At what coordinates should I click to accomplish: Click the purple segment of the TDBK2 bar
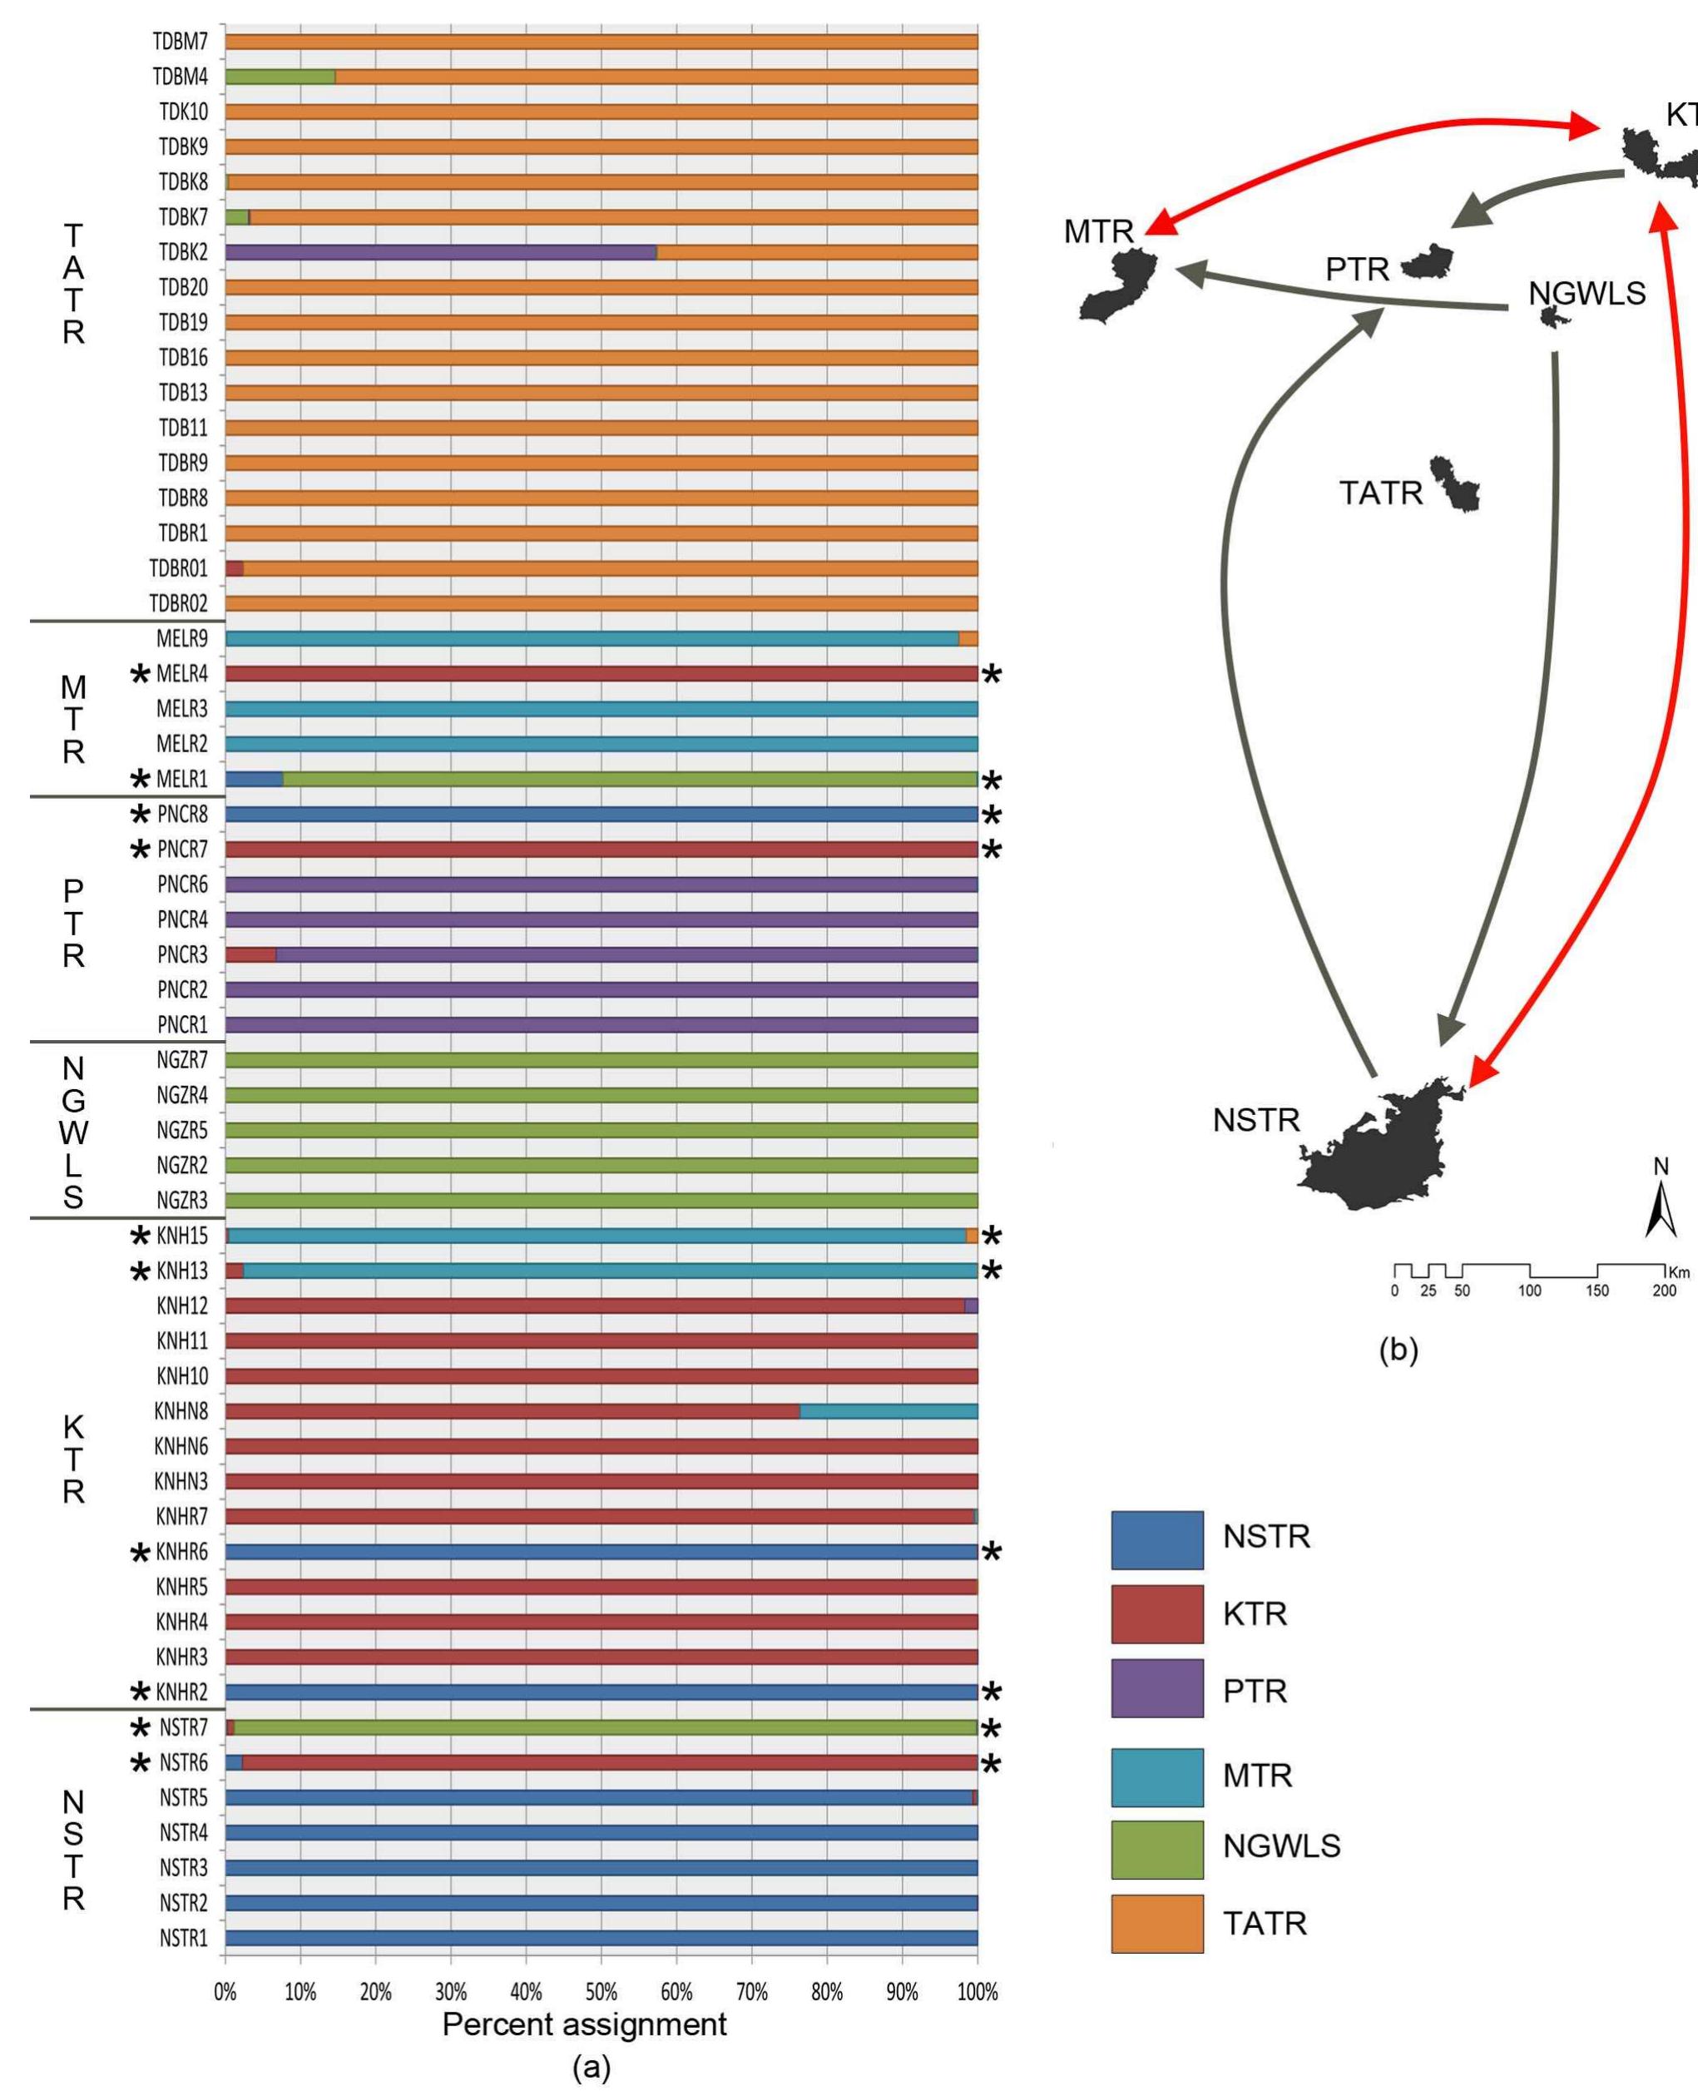pyautogui.click(x=440, y=252)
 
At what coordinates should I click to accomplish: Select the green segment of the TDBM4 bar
pyautogui.click(x=280, y=77)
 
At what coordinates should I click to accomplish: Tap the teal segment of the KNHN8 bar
pyautogui.click(x=889, y=1411)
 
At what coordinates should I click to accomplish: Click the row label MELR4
pyautogui.click(x=182, y=674)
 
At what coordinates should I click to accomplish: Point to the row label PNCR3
pyautogui.click(x=182, y=954)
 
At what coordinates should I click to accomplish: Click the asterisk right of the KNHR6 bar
pyautogui.click(x=992, y=1553)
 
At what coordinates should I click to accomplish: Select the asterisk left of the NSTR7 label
pyautogui.click(x=141, y=1728)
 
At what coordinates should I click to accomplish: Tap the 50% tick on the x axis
pyautogui.click(x=601, y=1968)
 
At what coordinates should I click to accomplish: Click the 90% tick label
pyautogui.click(x=902, y=1992)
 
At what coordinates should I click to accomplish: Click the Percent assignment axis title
pyautogui.click(x=584, y=2024)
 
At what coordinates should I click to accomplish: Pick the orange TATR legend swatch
pyautogui.click(x=1157, y=1923)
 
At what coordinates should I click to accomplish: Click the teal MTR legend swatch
pyautogui.click(x=1157, y=1777)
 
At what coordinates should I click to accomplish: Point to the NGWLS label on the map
pyautogui.click(x=1587, y=294)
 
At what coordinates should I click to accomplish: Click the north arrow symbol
pyautogui.click(x=1660, y=1209)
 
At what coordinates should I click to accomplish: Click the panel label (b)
pyautogui.click(x=1398, y=1350)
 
